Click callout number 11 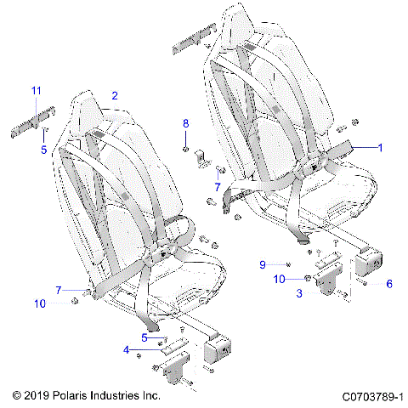[x=36, y=91]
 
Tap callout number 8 [x=186, y=124]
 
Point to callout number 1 [x=380, y=147]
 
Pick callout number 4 [x=127, y=350]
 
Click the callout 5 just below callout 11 [x=43, y=150]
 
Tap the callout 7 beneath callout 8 [x=218, y=185]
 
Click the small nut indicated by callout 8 [x=186, y=149]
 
